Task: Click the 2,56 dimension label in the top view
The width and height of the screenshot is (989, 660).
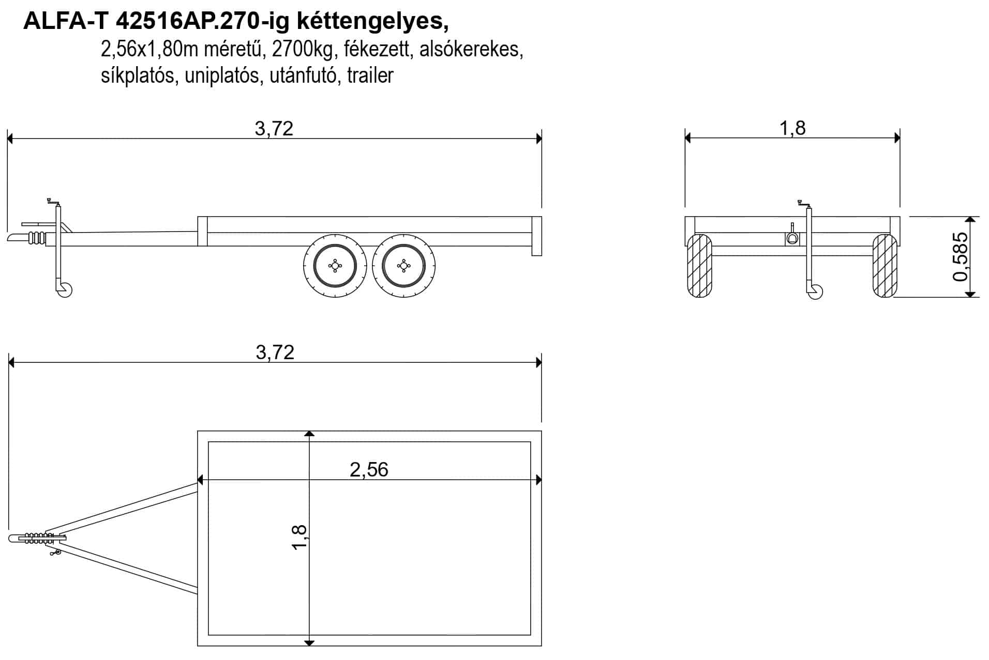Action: coord(369,469)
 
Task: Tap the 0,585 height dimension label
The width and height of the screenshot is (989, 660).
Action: coord(960,257)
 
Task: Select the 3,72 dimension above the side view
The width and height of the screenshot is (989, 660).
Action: coord(274,128)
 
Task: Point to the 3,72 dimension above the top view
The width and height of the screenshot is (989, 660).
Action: coord(275,352)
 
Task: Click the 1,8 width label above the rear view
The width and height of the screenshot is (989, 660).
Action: coord(792,128)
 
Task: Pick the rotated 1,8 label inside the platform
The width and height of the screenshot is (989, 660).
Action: coord(299,538)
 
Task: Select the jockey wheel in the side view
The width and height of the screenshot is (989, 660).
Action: coord(65,290)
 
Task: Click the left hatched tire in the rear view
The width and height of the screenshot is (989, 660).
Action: coord(699,266)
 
